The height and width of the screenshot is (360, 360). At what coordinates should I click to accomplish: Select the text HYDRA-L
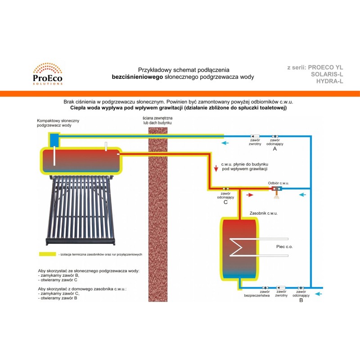click(x=330, y=81)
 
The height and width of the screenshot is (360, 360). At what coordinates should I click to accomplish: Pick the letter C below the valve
click(x=225, y=202)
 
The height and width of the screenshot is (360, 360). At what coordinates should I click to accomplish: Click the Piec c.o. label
click(x=284, y=247)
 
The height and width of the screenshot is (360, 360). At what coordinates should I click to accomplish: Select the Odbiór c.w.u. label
click(x=279, y=183)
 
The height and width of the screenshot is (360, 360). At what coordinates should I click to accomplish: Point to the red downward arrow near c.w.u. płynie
click(x=216, y=168)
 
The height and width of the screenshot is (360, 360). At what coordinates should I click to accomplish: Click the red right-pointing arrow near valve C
click(x=250, y=195)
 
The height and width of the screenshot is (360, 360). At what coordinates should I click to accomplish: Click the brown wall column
click(x=157, y=211)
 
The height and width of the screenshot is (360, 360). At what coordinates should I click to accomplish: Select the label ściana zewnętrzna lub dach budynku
click(x=157, y=120)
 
